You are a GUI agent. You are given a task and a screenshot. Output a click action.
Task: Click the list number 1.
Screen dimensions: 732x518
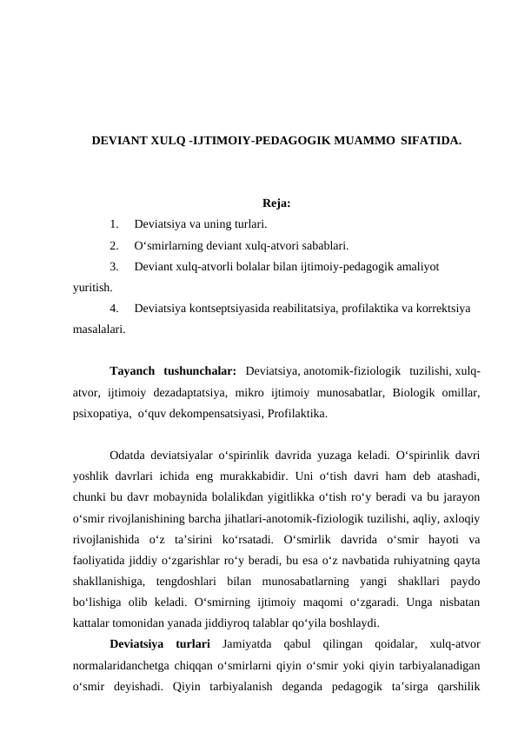tap(115, 225)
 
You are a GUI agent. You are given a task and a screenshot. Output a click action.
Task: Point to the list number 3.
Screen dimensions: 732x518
tap(115, 266)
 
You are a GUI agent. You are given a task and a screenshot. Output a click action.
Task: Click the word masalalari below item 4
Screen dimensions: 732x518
tap(98, 329)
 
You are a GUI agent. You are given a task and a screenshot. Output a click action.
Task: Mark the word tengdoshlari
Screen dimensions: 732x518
tap(186, 581)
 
